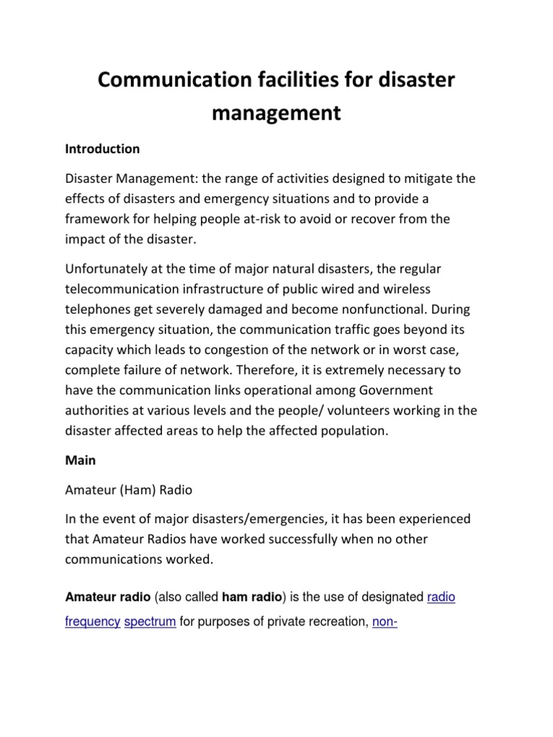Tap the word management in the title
tap(276, 113)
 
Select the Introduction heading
tap(102, 150)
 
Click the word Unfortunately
tap(107, 269)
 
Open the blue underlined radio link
tap(441, 597)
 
